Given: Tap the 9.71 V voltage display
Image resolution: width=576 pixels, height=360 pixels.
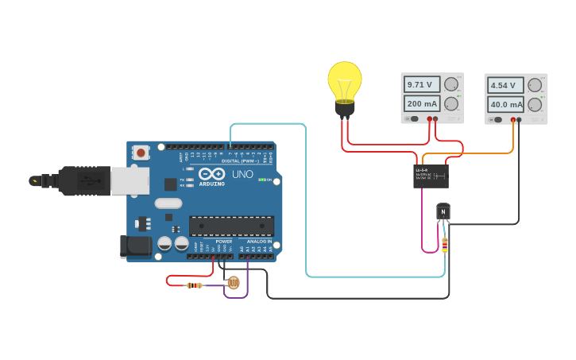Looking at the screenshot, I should coord(421,84).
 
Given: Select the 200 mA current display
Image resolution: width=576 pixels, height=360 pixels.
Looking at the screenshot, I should coord(421,103).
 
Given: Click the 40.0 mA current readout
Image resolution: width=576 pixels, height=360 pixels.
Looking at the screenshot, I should coord(505,104).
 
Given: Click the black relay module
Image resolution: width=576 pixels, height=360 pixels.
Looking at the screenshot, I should coord(431,176).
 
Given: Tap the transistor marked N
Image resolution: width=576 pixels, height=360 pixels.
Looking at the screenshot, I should coord(443,212).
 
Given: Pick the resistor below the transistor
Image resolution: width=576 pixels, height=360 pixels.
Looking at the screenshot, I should coord(444,245).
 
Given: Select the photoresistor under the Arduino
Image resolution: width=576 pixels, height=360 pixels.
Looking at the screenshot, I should coord(233,282).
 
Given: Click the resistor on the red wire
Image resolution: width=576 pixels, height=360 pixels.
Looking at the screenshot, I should coord(194,285).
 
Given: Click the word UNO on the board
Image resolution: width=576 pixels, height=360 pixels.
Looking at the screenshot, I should coord(242,174).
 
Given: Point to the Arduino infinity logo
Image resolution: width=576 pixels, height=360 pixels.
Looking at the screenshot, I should coord(211,174).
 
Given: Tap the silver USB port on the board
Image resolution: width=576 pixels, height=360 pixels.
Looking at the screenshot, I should coord(130,181).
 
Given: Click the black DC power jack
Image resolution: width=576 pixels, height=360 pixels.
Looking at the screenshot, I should coord(136,246).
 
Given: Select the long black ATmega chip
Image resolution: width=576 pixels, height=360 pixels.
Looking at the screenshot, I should coord(231,226).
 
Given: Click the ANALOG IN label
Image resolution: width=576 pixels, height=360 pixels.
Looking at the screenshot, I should coord(259,241).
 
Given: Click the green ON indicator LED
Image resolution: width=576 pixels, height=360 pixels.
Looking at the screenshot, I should coord(262,180).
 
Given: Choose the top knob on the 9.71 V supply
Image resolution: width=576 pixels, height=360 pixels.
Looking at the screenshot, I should coord(451,84).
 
